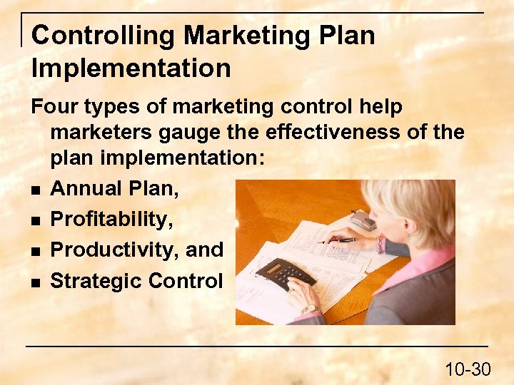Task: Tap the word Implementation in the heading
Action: click(131, 68)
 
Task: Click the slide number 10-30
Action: click(468, 369)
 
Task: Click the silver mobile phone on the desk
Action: click(364, 219)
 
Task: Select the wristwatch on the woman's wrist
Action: click(310, 309)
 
